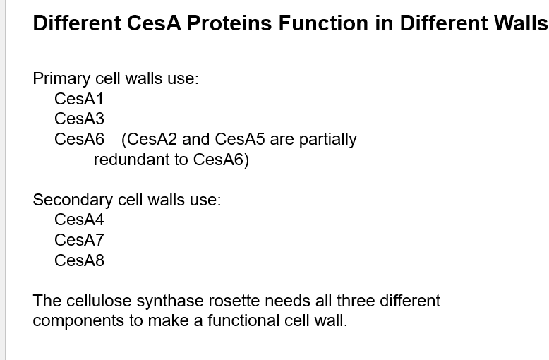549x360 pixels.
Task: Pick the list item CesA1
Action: click(x=79, y=99)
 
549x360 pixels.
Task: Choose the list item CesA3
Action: click(x=79, y=119)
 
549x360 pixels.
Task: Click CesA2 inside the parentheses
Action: click(x=152, y=139)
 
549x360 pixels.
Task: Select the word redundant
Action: click(x=131, y=160)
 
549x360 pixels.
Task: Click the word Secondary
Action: click(x=73, y=200)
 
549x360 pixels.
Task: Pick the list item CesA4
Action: click(x=79, y=220)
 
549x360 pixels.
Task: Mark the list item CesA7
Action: click(x=79, y=240)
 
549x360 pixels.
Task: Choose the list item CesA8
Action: click(x=79, y=260)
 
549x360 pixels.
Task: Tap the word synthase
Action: click(x=164, y=301)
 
